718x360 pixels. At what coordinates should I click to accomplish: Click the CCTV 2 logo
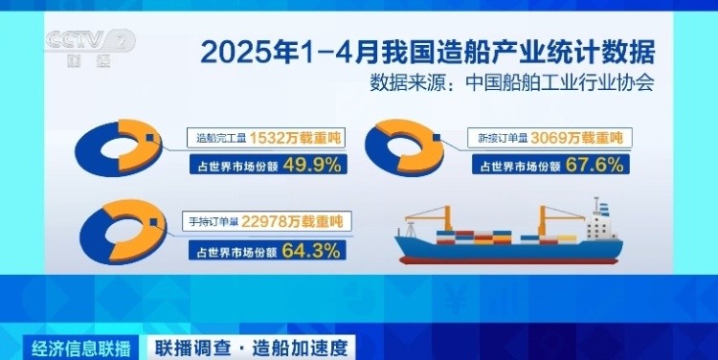pos(90,47)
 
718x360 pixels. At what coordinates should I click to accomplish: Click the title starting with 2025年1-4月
pos(428,53)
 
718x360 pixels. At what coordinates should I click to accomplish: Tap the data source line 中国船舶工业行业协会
pos(512,83)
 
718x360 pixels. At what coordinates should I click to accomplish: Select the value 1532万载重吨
pos(296,138)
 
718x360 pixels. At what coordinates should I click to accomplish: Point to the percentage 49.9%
pos(312,165)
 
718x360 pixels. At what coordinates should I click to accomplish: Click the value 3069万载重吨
pos(577,138)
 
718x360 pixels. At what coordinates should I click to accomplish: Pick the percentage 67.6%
pos(595,165)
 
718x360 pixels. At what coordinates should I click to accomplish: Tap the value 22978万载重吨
pos(292,222)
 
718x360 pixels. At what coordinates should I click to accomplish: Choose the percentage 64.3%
pos(311,251)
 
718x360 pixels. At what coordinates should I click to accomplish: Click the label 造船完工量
pos(222,138)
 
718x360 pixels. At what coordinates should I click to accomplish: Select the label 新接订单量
pos(504,138)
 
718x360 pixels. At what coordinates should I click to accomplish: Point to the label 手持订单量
pos(213,222)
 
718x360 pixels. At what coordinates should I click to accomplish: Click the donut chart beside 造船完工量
pos(118,148)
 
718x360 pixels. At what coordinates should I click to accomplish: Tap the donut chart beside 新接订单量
pos(404,147)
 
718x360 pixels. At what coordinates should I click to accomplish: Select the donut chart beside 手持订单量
pos(123,232)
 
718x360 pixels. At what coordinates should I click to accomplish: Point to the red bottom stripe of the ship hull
pos(508,260)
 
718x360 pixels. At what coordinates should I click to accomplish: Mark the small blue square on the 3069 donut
pos(436,137)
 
